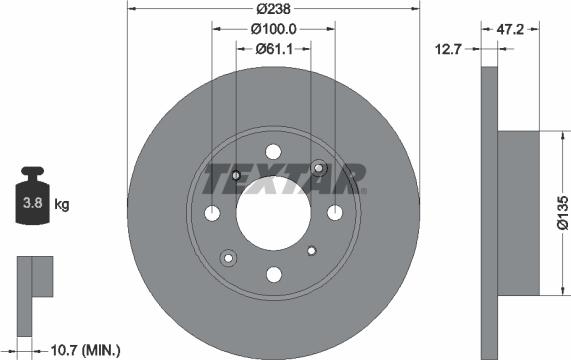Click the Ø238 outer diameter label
[x=273, y=8]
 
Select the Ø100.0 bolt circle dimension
[x=273, y=29]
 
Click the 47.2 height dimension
[x=512, y=29]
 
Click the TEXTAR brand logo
[x=285, y=180]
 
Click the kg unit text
[x=62, y=205]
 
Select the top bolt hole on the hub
[x=273, y=150]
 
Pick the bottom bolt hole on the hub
[x=273, y=274]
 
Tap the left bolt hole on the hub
[x=212, y=212]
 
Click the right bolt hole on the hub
[x=335, y=212]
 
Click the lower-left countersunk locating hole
[x=227, y=257]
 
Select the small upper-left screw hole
[x=236, y=177]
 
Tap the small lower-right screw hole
[x=311, y=250]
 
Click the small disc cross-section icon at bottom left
[x=33, y=279]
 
